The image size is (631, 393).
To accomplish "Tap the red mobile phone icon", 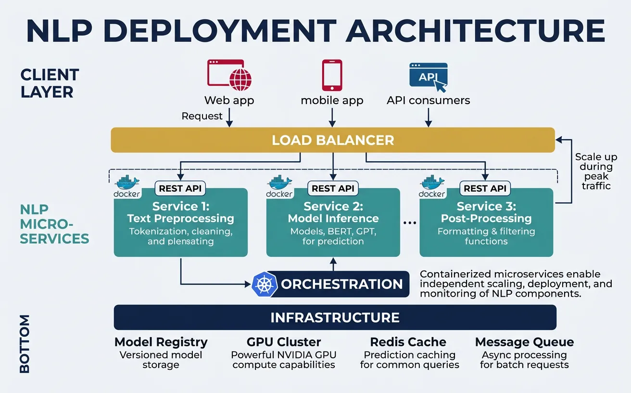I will click(x=332, y=75).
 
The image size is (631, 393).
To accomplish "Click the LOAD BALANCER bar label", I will click(x=333, y=140).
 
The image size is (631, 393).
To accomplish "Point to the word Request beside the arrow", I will click(x=202, y=116).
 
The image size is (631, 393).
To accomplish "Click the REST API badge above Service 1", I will click(x=180, y=188).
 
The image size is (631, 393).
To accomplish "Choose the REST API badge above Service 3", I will click(x=485, y=188).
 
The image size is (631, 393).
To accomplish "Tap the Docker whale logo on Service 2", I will click(x=279, y=185).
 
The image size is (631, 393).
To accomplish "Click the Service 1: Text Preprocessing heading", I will click(x=180, y=212).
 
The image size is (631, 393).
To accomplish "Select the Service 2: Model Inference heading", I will click(x=333, y=212).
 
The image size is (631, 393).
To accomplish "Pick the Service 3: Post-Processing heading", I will click(x=486, y=212).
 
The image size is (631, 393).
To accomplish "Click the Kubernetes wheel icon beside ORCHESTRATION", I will click(x=265, y=284).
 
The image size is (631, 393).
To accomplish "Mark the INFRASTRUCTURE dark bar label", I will click(x=335, y=317).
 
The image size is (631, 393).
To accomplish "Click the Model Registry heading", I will click(x=161, y=342).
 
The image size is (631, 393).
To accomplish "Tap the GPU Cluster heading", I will click(x=284, y=342).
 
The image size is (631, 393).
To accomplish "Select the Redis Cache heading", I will click(x=408, y=342).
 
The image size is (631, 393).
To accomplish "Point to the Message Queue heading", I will click(x=524, y=342).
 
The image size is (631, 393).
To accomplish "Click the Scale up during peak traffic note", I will click(x=596, y=171).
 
